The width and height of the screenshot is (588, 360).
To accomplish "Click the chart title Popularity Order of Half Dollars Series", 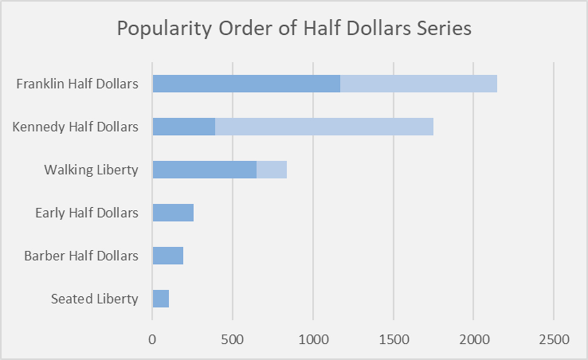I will click(294, 29).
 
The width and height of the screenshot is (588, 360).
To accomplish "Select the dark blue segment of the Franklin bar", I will click(246, 84).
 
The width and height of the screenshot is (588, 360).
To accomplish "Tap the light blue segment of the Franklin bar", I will click(419, 84).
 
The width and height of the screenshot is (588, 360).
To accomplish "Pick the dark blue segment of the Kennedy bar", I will click(184, 127).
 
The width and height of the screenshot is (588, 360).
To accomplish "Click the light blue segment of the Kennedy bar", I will click(324, 127).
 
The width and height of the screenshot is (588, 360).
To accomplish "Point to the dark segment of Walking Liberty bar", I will click(205, 170).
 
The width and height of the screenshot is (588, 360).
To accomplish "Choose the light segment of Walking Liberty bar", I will click(272, 170).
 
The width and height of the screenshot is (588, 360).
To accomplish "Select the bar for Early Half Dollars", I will click(173, 213).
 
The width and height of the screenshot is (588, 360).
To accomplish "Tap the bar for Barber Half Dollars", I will click(168, 256).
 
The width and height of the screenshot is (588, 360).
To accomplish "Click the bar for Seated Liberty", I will click(161, 299).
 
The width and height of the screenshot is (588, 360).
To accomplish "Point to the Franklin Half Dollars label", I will click(77, 84).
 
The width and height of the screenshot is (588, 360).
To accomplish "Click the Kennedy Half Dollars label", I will click(75, 127).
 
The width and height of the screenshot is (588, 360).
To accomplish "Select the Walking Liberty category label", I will click(91, 170).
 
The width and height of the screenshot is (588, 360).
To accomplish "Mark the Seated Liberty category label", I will click(94, 299).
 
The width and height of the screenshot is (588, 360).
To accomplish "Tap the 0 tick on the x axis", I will click(152, 339).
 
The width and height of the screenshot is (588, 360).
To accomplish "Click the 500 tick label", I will click(232, 339).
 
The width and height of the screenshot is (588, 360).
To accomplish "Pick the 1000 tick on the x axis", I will click(313, 339).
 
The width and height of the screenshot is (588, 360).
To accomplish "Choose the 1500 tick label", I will click(394, 339).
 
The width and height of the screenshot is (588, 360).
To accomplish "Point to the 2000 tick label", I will click(474, 339).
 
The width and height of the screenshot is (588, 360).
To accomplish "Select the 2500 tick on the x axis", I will click(554, 339).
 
